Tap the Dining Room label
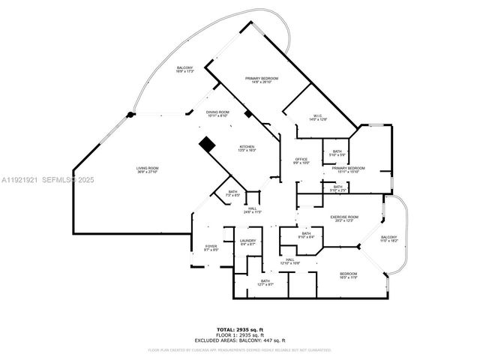tap(217, 113)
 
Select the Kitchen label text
tap(247, 148)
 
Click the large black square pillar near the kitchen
tap(207, 144)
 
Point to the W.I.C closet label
tap(318, 117)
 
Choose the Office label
tap(301, 160)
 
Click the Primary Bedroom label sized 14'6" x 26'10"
tap(261, 80)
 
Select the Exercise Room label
tap(345, 219)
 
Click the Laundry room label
tap(248, 242)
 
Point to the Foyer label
tap(211, 248)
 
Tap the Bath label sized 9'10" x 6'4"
tap(306, 235)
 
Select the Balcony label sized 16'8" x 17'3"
tap(185, 70)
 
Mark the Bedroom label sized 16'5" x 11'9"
tap(348, 275)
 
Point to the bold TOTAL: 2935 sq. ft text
tap(240, 329)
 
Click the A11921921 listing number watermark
tap(19, 180)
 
